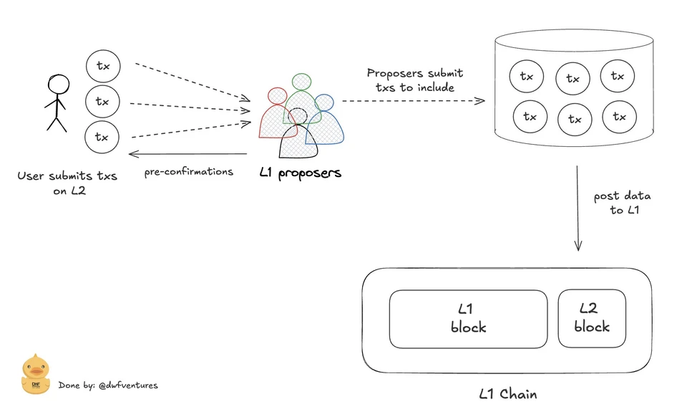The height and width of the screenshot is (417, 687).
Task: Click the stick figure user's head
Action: [59, 85]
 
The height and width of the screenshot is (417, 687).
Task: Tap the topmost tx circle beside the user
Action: [103, 66]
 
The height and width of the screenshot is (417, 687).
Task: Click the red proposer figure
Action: [271, 118]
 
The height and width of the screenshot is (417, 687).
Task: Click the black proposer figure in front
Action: [298, 136]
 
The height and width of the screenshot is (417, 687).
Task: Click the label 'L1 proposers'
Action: [300, 173]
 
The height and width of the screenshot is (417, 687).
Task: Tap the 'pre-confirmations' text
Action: [189, 172]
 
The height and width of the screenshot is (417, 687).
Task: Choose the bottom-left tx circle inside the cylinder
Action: [530, 116]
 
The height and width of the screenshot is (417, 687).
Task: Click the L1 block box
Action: [468, 318]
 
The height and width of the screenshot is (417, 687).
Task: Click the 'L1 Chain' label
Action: [507, 394]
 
